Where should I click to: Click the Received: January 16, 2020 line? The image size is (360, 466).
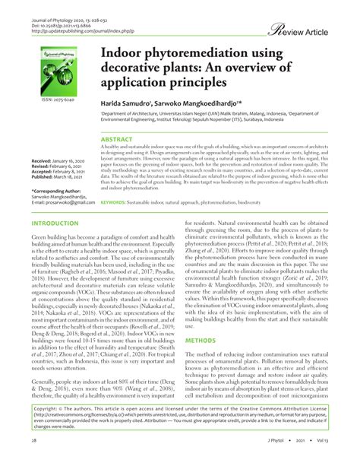59,161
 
